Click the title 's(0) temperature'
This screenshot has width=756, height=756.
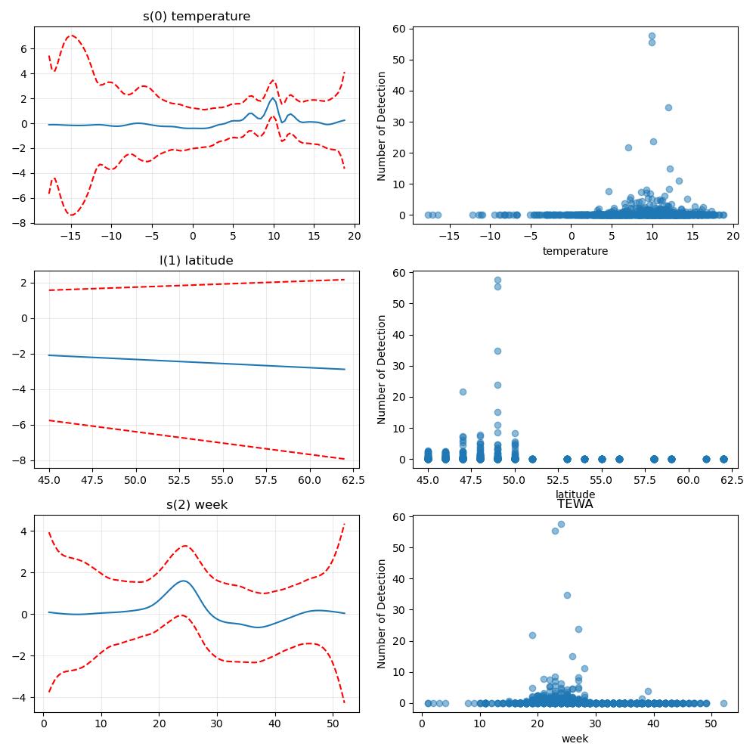click(x=197, y=17)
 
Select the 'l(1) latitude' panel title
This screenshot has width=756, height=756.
click(x=197, y=260)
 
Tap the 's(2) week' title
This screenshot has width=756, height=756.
click(x=197, y=505)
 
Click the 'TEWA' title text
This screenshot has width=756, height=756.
click(x=575, y=504)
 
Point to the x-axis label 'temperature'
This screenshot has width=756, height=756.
click(x=575, y=251)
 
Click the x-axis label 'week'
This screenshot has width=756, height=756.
click(x=575, y=739)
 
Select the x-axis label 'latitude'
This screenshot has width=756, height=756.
click(x=575, y=494)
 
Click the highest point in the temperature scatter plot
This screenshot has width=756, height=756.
click(x=652, y=36)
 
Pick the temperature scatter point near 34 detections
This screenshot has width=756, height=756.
click(x=668, y=107)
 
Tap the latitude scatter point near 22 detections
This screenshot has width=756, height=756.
click(x=463, y=392)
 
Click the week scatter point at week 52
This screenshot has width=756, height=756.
click(x=723, y=703)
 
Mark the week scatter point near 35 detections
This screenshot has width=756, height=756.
click(x=567, y=596)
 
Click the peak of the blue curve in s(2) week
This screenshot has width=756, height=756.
click(x=183, y=581)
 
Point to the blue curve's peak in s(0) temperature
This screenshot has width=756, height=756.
click(x=274, y=98)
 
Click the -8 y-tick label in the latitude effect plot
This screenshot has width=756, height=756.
click(x=20, y=461)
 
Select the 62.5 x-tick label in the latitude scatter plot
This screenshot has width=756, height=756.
click(x=732, y=480)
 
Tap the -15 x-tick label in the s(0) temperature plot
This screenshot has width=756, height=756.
click(x=71, y=236)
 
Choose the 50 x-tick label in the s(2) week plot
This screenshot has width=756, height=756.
click(x=333, y=723)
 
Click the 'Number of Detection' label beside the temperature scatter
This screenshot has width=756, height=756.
click(x=381, y=126)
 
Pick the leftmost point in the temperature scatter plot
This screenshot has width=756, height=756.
click(x=428, y=215)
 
